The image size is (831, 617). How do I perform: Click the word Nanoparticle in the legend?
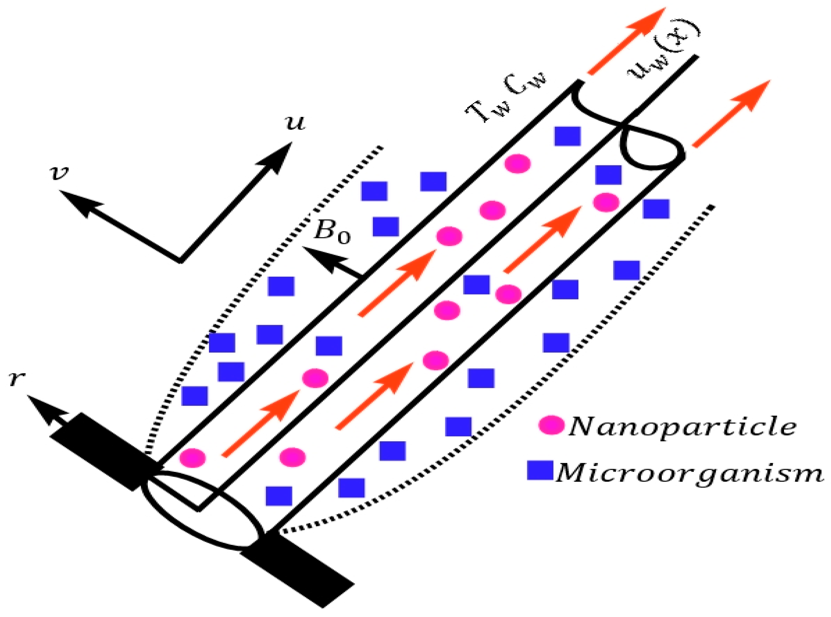click(682, 427)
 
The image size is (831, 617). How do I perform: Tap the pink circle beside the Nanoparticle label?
click(551, 425)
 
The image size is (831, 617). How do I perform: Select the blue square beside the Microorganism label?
click(540, 470)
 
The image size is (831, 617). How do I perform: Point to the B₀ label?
click(332, 232)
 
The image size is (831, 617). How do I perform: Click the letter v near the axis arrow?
click(60, 173)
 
